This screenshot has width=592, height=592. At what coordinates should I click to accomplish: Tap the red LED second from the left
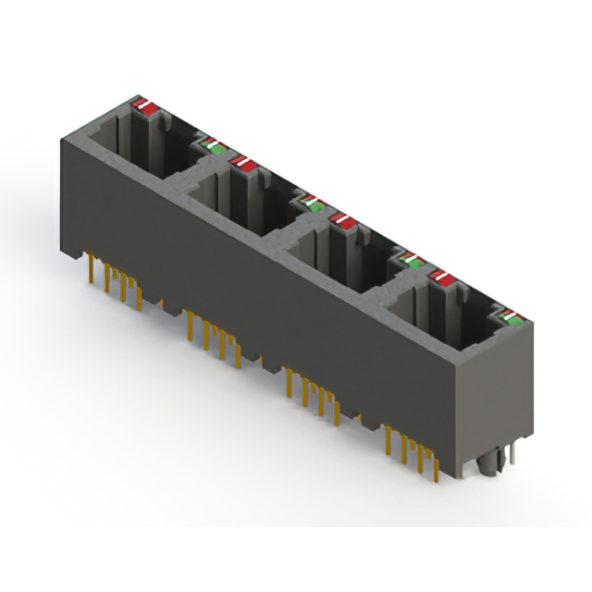[245, 163]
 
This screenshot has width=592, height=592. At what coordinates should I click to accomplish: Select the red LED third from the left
[344, 219]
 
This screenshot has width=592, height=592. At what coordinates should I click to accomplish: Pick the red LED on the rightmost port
[442, 277]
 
